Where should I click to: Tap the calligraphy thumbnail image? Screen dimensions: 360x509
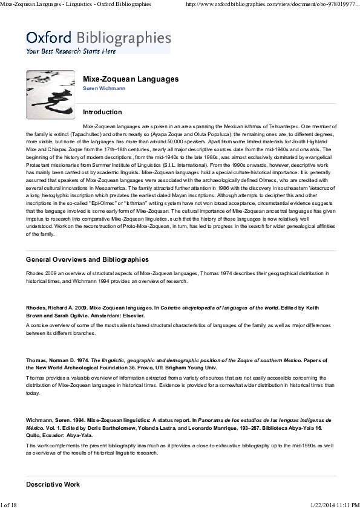50,95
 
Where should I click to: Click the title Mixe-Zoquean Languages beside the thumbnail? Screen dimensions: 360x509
130,79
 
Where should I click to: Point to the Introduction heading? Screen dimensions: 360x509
102,112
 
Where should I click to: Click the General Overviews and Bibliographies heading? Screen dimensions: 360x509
87,259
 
